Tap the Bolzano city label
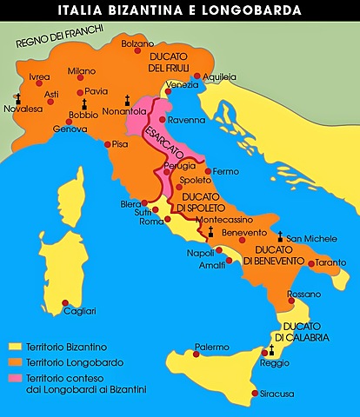click(x=137, y=43)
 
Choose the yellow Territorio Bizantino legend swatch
click(x=14, y=347)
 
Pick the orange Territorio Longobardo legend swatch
click(x=14, y=361)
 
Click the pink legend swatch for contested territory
click(x=14, y=376)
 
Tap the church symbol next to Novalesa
click(x=17, y=99)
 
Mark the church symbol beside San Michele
click(x=279, y=235)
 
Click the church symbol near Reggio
click(x=271, y=350)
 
